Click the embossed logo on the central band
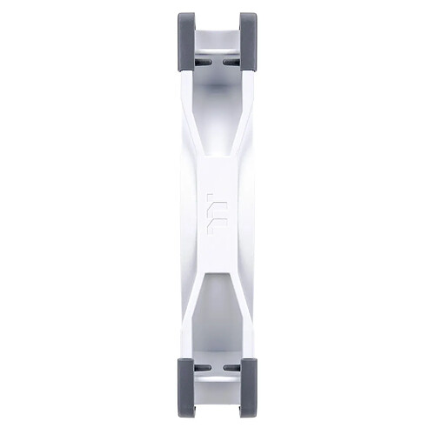pyautogui.click(x=217, y=217)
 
